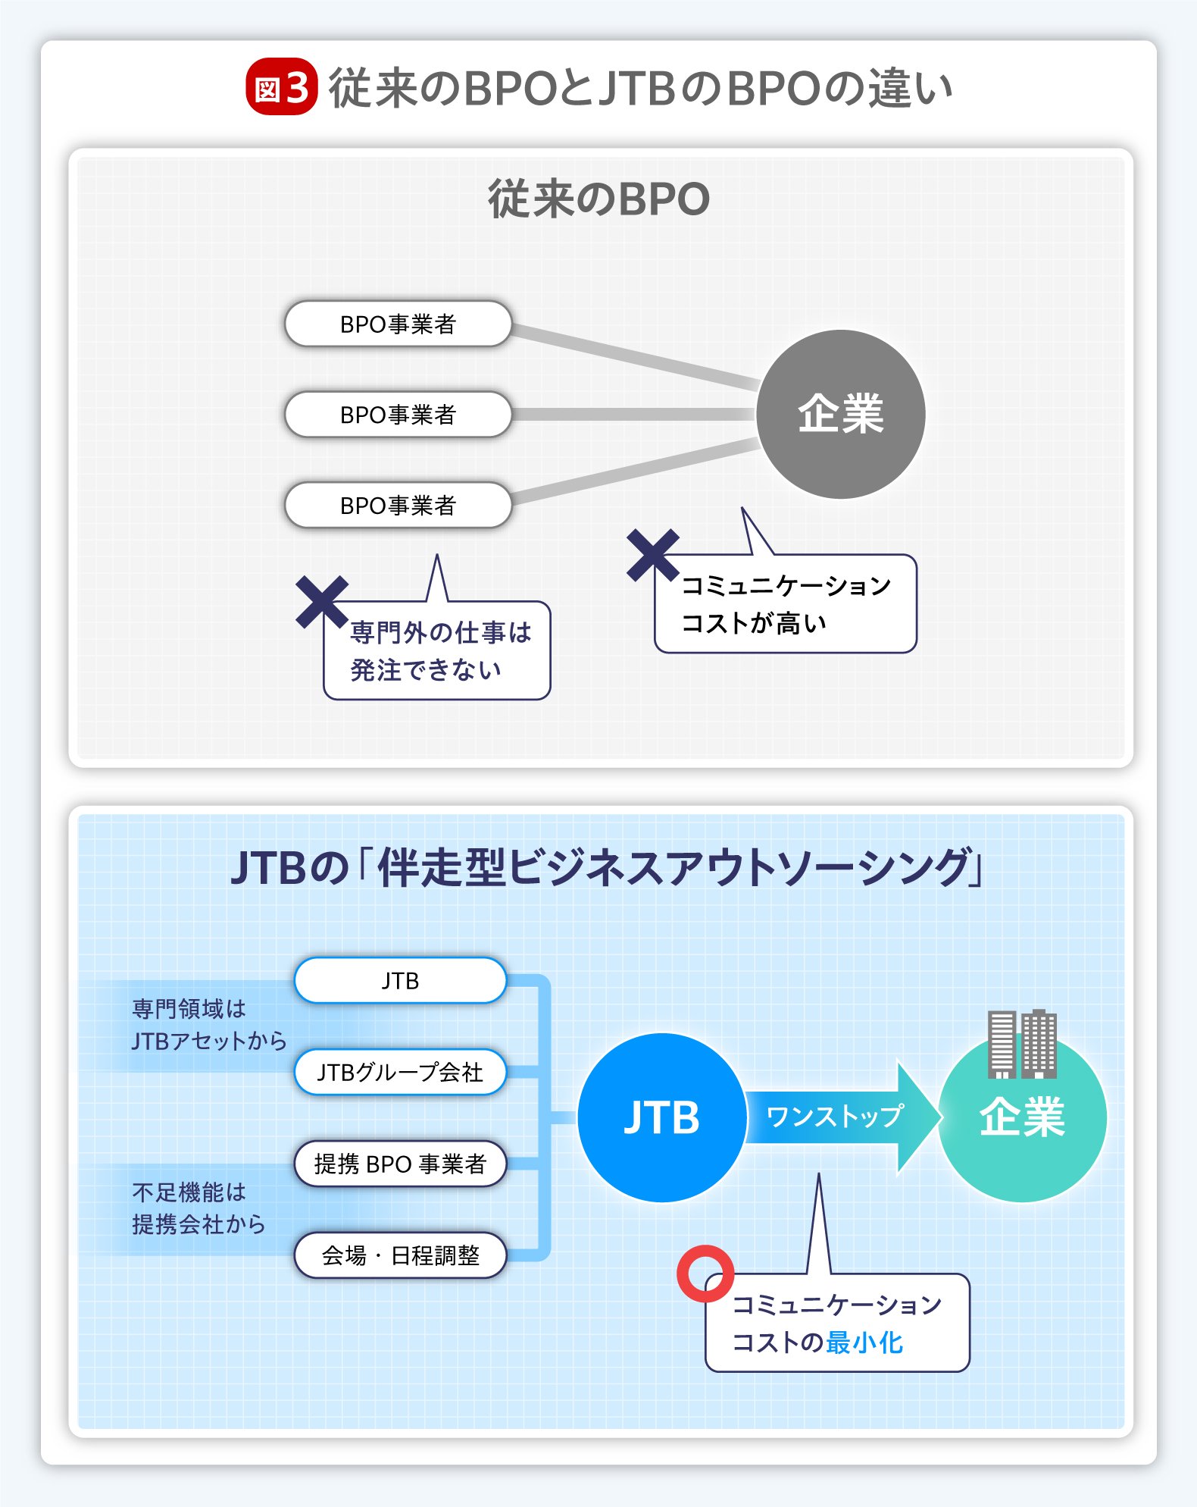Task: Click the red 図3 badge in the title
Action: tap(281, 87)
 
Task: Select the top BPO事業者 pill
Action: tap(398, 324)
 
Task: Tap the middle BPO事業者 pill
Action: tap(398, 415)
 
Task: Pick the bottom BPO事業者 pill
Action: tap(398, 505)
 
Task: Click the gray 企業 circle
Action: tap(840, 414)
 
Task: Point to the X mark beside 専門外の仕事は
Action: tap(322, 602)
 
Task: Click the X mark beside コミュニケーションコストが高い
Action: tap(652, 555)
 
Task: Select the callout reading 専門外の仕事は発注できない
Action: tap(438, 651)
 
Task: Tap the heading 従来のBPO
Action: tap(598, 199)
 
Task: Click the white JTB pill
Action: tap(400, 980)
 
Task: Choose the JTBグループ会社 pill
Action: tap(400, 1072)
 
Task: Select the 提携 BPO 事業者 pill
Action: tap(400, 1164)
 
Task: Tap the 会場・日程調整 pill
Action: tap(400, 1255)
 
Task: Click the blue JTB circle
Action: tap(661, 1117)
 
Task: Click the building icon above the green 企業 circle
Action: tap(1022, 1044)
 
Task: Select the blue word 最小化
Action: tap(864, 1343)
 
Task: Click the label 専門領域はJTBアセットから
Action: tap(208, 1025)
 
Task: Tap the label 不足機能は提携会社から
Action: tap(198, 1208)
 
